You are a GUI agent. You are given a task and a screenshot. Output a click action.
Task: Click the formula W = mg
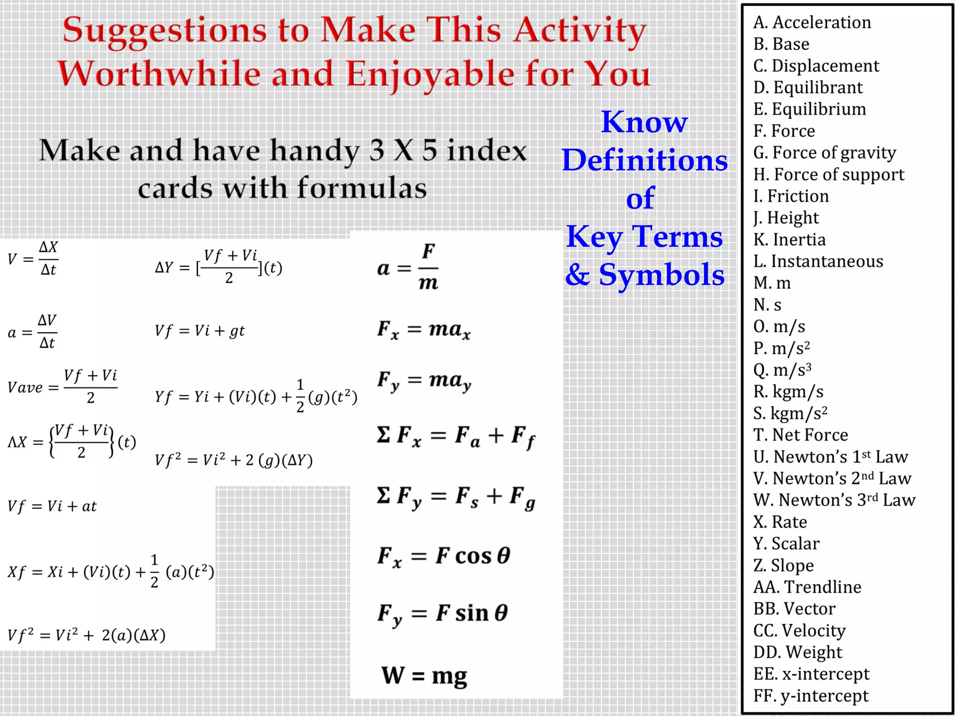click(424, 675)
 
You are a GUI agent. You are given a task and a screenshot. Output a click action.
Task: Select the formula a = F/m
click(408, 268)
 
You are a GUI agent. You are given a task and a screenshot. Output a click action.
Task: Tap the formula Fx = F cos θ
click(443, 557)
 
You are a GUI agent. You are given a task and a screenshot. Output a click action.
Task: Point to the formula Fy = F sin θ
click(443, 614)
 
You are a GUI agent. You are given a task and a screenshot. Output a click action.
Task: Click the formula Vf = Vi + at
click(52, 506)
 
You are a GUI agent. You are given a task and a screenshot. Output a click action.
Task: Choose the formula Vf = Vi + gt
click(200, 331)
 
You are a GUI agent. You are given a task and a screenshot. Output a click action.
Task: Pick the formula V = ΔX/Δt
click(33, 259)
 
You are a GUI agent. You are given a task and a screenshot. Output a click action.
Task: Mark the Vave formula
click(62, 387)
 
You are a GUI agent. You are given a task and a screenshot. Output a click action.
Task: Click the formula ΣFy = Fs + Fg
click(456, 497)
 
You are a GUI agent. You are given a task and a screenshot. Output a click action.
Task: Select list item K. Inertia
click(789, 240)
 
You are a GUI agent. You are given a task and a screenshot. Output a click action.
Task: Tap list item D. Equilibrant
click(808, 88)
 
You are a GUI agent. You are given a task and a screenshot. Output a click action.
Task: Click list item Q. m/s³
click(782, 370)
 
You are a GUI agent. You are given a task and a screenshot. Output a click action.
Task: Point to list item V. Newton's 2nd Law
click(832, 478)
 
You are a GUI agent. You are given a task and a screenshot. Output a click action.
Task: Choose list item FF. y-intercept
click(811, 695)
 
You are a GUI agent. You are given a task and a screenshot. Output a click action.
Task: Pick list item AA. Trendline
click(807, 587)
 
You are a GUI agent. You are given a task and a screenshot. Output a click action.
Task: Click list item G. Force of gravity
click(824, 153)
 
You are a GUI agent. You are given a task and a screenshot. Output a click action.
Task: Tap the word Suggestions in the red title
click(165, 31)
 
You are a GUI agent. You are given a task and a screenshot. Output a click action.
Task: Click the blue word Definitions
click(644, 160)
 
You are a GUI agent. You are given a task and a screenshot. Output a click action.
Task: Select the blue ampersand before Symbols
click(577, 274)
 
